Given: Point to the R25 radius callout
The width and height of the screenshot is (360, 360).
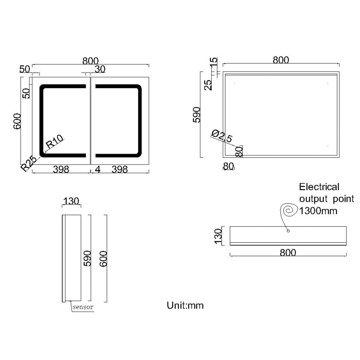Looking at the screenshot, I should (x=29, y=163).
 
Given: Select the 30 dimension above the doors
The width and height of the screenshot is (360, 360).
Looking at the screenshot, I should (x=100, y=69).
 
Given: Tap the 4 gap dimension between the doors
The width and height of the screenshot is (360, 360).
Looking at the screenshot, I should (x=98, y=169).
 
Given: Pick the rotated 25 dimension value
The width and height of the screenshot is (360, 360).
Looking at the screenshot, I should (x=209, y=85).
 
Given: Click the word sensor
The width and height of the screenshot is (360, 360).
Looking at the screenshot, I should (x=83, y=307).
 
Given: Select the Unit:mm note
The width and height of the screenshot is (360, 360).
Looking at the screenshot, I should (x=185, y=305).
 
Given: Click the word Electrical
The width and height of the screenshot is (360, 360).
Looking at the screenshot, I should (x=319, y=187).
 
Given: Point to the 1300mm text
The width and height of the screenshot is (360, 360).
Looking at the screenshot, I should (x=318, y=211).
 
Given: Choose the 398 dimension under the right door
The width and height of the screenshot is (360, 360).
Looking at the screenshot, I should (x=120, y=169).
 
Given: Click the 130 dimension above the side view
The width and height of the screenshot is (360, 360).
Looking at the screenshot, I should (x=71, y=201).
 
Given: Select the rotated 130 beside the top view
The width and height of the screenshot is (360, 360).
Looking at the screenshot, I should (x=218, y=236).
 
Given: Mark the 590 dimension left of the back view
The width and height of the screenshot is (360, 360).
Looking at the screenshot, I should (x=197, y=114).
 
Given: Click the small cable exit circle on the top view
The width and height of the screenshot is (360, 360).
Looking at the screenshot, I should (x=288, y=231).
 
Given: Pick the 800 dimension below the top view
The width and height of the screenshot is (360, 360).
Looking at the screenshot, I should (x=288, y=252).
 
